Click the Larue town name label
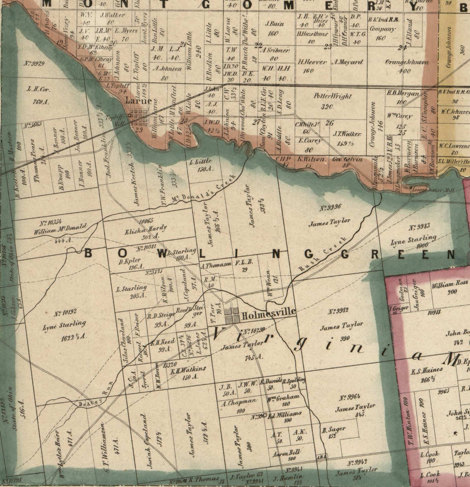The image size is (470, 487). [139, 101]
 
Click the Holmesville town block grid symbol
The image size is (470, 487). [232, 315]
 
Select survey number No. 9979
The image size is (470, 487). [34, 63]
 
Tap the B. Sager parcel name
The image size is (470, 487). [334, 430]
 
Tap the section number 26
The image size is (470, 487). [330, 123]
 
